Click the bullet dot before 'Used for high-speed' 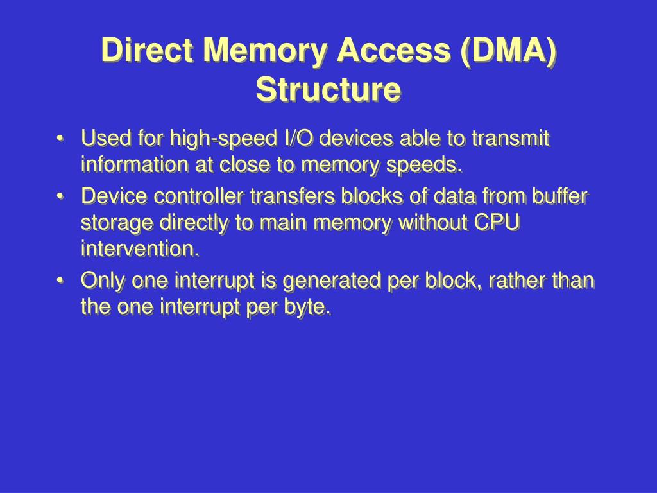[60, 139]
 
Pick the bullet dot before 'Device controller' [60, 196]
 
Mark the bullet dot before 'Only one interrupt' [60, 281]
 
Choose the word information [135, 165]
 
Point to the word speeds [426, 166]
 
